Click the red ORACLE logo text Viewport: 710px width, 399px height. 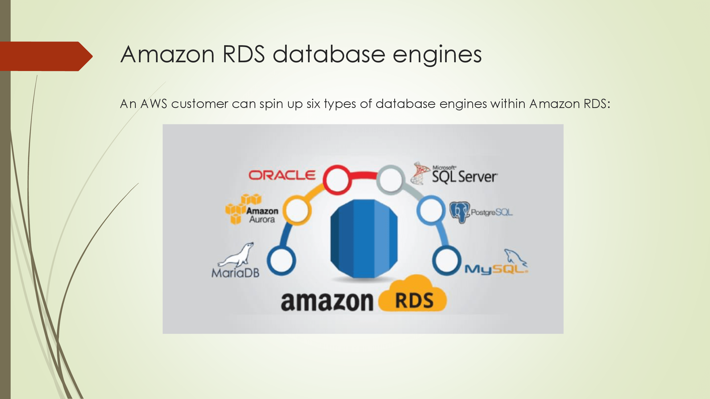[x=282, y=175]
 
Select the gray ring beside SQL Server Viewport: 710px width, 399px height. [x=390, y=179]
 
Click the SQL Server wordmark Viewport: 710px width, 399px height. [x=465, y=177]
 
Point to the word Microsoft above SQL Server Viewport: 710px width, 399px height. [x=444, y=167]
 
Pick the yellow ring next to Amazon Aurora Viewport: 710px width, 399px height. [x=297, y=210]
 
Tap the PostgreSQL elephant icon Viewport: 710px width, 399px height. [x=459, y=212]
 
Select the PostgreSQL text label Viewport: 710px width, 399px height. [x=491, y=212]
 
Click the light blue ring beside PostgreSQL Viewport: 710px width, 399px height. [x=431, y=210]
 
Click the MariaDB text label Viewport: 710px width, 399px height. [x=235, y=273]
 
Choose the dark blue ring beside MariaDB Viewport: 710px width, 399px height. [x=281, y=260]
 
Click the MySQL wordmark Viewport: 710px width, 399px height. [x=496, y=269]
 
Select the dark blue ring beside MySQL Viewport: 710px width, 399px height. [x=446, y=260]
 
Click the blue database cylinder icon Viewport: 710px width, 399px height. [x=364, y=238]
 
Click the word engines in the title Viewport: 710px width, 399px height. [x=437, y=55]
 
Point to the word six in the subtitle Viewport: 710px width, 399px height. [x=313, y=104]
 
